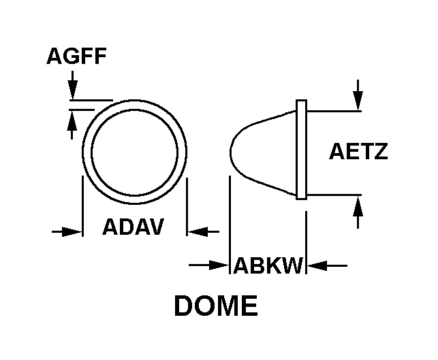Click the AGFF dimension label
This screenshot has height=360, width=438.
(76, 56)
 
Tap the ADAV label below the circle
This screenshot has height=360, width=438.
(134, 227)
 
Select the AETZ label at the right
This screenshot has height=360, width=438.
(359, 151)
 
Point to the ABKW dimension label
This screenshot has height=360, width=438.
(268, 265)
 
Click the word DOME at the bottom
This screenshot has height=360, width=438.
(216, 306)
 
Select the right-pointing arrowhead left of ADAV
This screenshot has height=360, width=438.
(72, 231)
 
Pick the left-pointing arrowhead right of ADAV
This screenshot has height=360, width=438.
(198, 231)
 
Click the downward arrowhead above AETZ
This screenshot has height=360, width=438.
(358, 101)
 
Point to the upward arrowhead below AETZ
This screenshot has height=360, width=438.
(358, 206)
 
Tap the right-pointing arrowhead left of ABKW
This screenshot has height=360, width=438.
(219, 265)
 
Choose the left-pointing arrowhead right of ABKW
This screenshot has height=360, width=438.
(317, 265)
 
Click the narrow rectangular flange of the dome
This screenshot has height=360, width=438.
(301, 150)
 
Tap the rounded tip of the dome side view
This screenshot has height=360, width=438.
(230, 152)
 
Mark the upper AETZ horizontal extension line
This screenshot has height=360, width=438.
(334, 111)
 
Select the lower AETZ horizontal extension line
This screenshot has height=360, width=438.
(334, 195)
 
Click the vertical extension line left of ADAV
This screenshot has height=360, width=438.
(82, 206)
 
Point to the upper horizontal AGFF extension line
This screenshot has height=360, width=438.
(91, 99)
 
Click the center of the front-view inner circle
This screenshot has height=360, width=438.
(134, 152)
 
